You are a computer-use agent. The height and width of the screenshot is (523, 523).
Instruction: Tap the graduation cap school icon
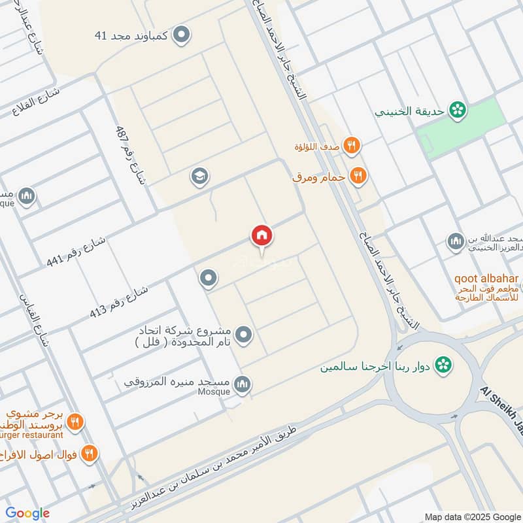point(199,176)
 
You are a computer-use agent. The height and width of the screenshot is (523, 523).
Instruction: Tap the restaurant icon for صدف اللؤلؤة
point(352,146)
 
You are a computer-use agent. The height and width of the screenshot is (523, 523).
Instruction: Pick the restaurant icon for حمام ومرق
point(357,175)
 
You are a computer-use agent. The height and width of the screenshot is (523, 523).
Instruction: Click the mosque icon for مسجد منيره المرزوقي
point(243,383)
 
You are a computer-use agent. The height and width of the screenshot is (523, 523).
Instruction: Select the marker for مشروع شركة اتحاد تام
point(244,335)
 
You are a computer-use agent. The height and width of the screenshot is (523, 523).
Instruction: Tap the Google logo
point(28,513)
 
